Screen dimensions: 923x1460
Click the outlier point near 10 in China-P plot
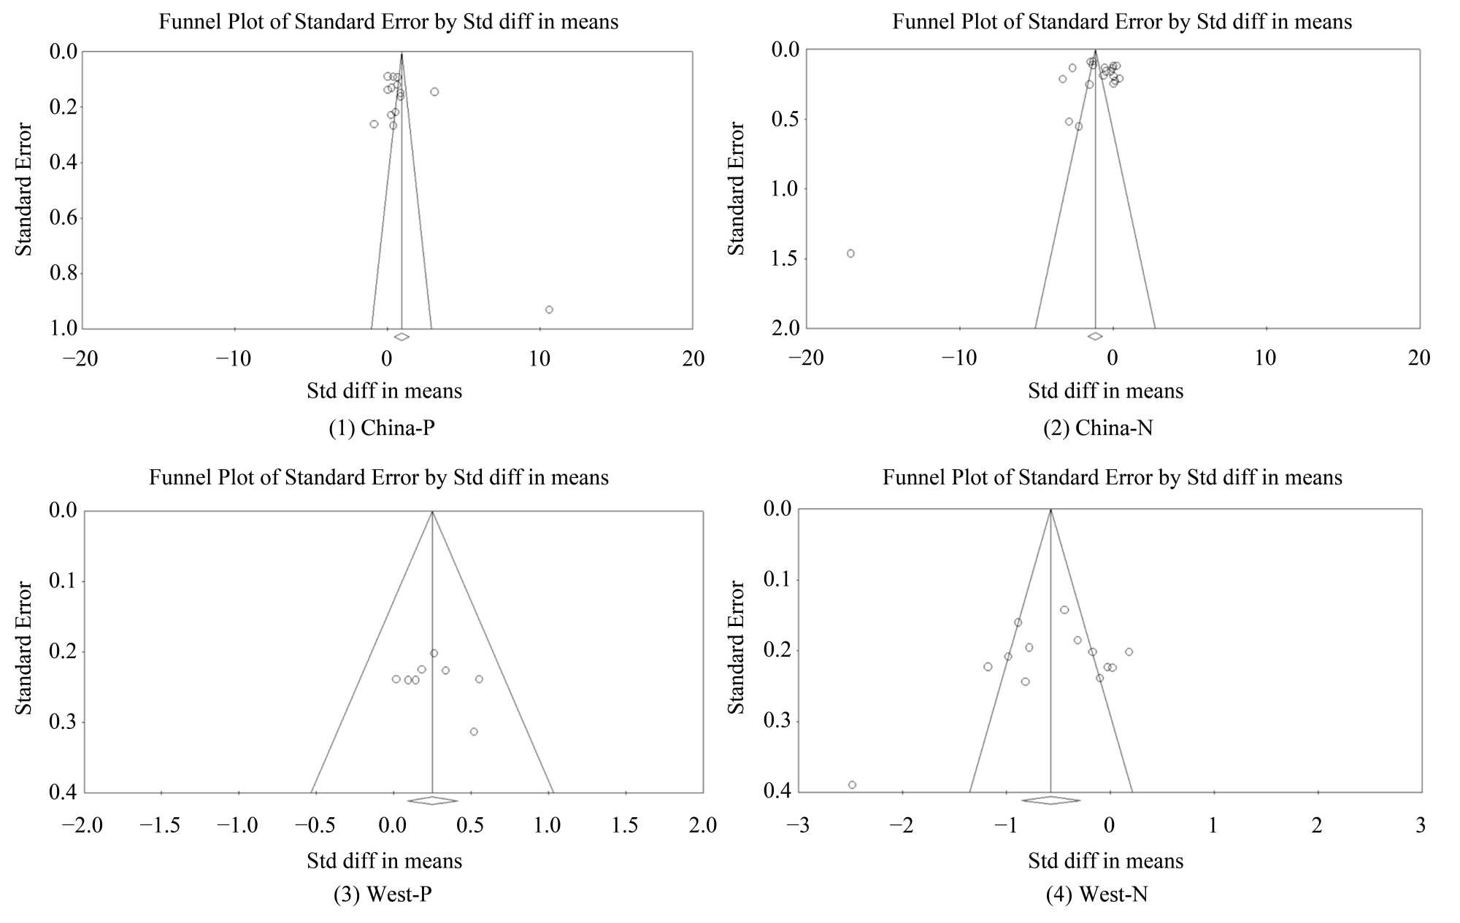tap(549, 310)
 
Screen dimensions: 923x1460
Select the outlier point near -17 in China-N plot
tap(850, 254)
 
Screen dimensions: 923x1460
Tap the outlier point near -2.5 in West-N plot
tap(852, 785)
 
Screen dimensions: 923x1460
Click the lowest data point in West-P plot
tap(474, 732)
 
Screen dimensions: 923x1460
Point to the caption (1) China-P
tap(382, 428)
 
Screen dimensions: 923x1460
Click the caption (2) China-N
tap(1098, 428)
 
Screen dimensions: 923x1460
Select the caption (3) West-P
tap(383, 894)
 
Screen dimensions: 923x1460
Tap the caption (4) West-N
tap(1096, 894)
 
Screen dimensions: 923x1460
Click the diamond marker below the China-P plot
tap(401, 336)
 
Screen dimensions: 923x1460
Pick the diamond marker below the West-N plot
tap(1050, 800)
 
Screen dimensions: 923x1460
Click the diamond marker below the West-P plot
tap(432, 800)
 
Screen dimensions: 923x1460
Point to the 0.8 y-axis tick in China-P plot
tap(63, 274)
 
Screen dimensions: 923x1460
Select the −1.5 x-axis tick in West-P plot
tap(160, 825)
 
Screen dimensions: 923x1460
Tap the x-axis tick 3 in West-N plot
tap(1421, 825)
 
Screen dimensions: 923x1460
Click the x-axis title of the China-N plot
tap(1105, 391)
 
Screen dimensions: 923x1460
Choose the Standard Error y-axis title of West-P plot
tap(24, 648)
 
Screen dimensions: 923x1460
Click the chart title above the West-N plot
tap(1112, 478)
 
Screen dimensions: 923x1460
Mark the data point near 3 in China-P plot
tap(434, 92)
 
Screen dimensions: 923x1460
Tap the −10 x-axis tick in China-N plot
tap(958, 358)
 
